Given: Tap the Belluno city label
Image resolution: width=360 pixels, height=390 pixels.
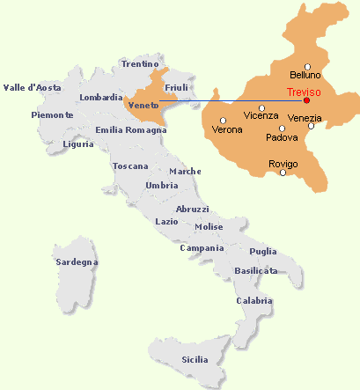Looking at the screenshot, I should pos(305,76).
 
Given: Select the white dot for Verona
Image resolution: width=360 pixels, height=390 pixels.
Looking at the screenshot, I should pos(224,120).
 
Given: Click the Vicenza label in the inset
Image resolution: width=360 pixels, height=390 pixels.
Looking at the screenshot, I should pos(261,116).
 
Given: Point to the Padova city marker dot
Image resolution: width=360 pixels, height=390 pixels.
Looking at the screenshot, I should pos(282,128).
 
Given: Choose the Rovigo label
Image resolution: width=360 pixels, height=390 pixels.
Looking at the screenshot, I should pos(283,165).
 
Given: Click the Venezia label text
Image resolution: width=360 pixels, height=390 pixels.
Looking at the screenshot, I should pos(305,118).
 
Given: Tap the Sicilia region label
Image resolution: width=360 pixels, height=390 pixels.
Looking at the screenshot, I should pos(195,359).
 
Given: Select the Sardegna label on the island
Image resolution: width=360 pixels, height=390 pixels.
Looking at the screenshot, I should pos(77,262).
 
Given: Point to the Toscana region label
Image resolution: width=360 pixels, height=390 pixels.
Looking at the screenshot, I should pos(130,166).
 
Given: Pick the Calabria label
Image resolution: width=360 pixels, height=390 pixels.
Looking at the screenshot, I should pos(254,301).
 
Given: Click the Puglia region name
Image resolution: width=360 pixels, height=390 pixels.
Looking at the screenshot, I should pos(263,251).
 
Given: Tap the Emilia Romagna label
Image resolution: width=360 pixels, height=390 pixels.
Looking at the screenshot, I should pos(131,130).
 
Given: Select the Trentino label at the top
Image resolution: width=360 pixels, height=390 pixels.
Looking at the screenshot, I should pos(140,64).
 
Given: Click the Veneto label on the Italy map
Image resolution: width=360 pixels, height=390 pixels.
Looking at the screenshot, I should pos(143,106).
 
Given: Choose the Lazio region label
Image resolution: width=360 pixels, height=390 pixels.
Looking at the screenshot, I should pos(166,222).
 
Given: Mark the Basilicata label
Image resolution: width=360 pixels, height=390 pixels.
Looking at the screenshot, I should pos(256,270).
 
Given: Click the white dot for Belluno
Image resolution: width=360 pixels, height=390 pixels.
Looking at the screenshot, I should pos(307,66).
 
